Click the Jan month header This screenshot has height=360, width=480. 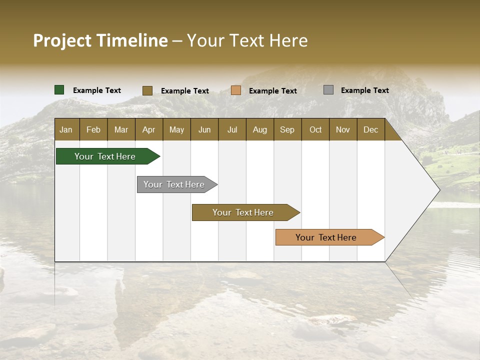click(x=66, y=130)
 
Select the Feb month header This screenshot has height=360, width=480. click(x=93, y=130)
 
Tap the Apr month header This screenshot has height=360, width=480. click(x=148, y=130)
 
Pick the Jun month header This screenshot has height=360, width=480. click(x=204, y=130)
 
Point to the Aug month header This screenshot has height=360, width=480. click(x=259, y=130)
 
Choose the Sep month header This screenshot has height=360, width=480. click(x=287, y=130)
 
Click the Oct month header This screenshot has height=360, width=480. click(x=315, y=130)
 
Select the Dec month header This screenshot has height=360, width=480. click(x=370, y=130)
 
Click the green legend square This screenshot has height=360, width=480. click(x=59, y=90)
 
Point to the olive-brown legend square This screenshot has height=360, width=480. click(x=147, y=90)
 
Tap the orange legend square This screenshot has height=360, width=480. click(x=236, y=90)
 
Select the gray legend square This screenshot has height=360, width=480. click(x=328, y=90)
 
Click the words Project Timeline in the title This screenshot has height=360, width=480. click(x=100, y=40)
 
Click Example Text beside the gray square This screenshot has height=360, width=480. click(x=364, y=90)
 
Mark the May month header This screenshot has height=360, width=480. click(x=176, y=130)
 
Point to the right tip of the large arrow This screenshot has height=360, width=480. click(x=438, y=190)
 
